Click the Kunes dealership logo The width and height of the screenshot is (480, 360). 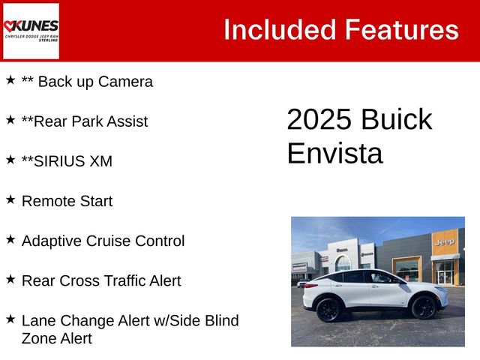click(x=31, y=31)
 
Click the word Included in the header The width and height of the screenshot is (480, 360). click(x=279, y=30)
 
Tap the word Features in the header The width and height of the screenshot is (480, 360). click(x=400, y=30)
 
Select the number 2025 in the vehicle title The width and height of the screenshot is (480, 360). click(x=319, y=120)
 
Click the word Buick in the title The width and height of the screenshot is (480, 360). click(x=396, y=120)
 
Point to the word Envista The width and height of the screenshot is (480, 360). click(x=334, y=153)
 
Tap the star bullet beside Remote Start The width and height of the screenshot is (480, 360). click(x=10, y=199)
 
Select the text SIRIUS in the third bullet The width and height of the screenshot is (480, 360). click(x=58, y=161)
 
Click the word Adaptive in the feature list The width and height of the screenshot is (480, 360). click(x=52, y=241)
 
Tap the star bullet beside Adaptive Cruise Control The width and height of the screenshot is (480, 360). click(x=10, y=239)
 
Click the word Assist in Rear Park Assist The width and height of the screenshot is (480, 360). click(x=124, y=121)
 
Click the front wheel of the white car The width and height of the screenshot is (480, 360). click(x=424, y=307)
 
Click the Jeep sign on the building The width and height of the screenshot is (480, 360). click(x=444, y=242)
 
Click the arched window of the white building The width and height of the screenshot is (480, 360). click(x=343, y=262)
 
